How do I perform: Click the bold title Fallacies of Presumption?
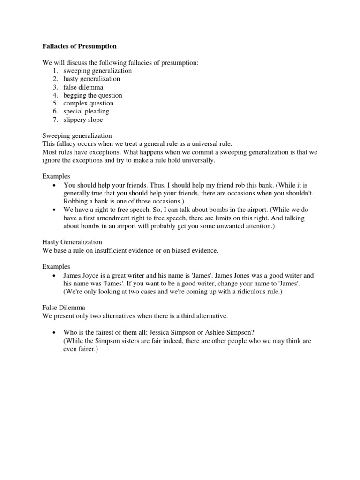point(79,46)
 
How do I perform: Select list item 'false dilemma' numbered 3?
point(83,87)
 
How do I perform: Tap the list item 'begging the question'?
point(93,95)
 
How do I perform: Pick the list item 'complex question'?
point(89,103)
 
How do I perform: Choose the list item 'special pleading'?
point(86,112)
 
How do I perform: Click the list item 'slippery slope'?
point(83,120)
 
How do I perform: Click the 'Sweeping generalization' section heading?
point(77,135)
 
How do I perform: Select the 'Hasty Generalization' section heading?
point(72,242)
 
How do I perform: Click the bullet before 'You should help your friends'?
point(56,185)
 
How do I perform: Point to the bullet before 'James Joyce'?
point(56,276)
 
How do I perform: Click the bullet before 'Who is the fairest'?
point(56,333)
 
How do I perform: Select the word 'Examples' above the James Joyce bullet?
point(56,266)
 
